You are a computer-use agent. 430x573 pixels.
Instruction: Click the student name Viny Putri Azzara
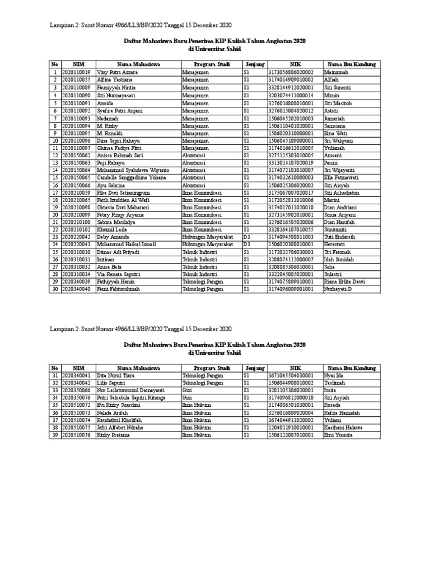117,73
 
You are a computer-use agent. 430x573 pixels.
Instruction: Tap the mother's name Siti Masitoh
338,104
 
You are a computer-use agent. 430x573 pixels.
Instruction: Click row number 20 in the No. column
55,215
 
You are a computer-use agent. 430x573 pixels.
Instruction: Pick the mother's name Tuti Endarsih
340,237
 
